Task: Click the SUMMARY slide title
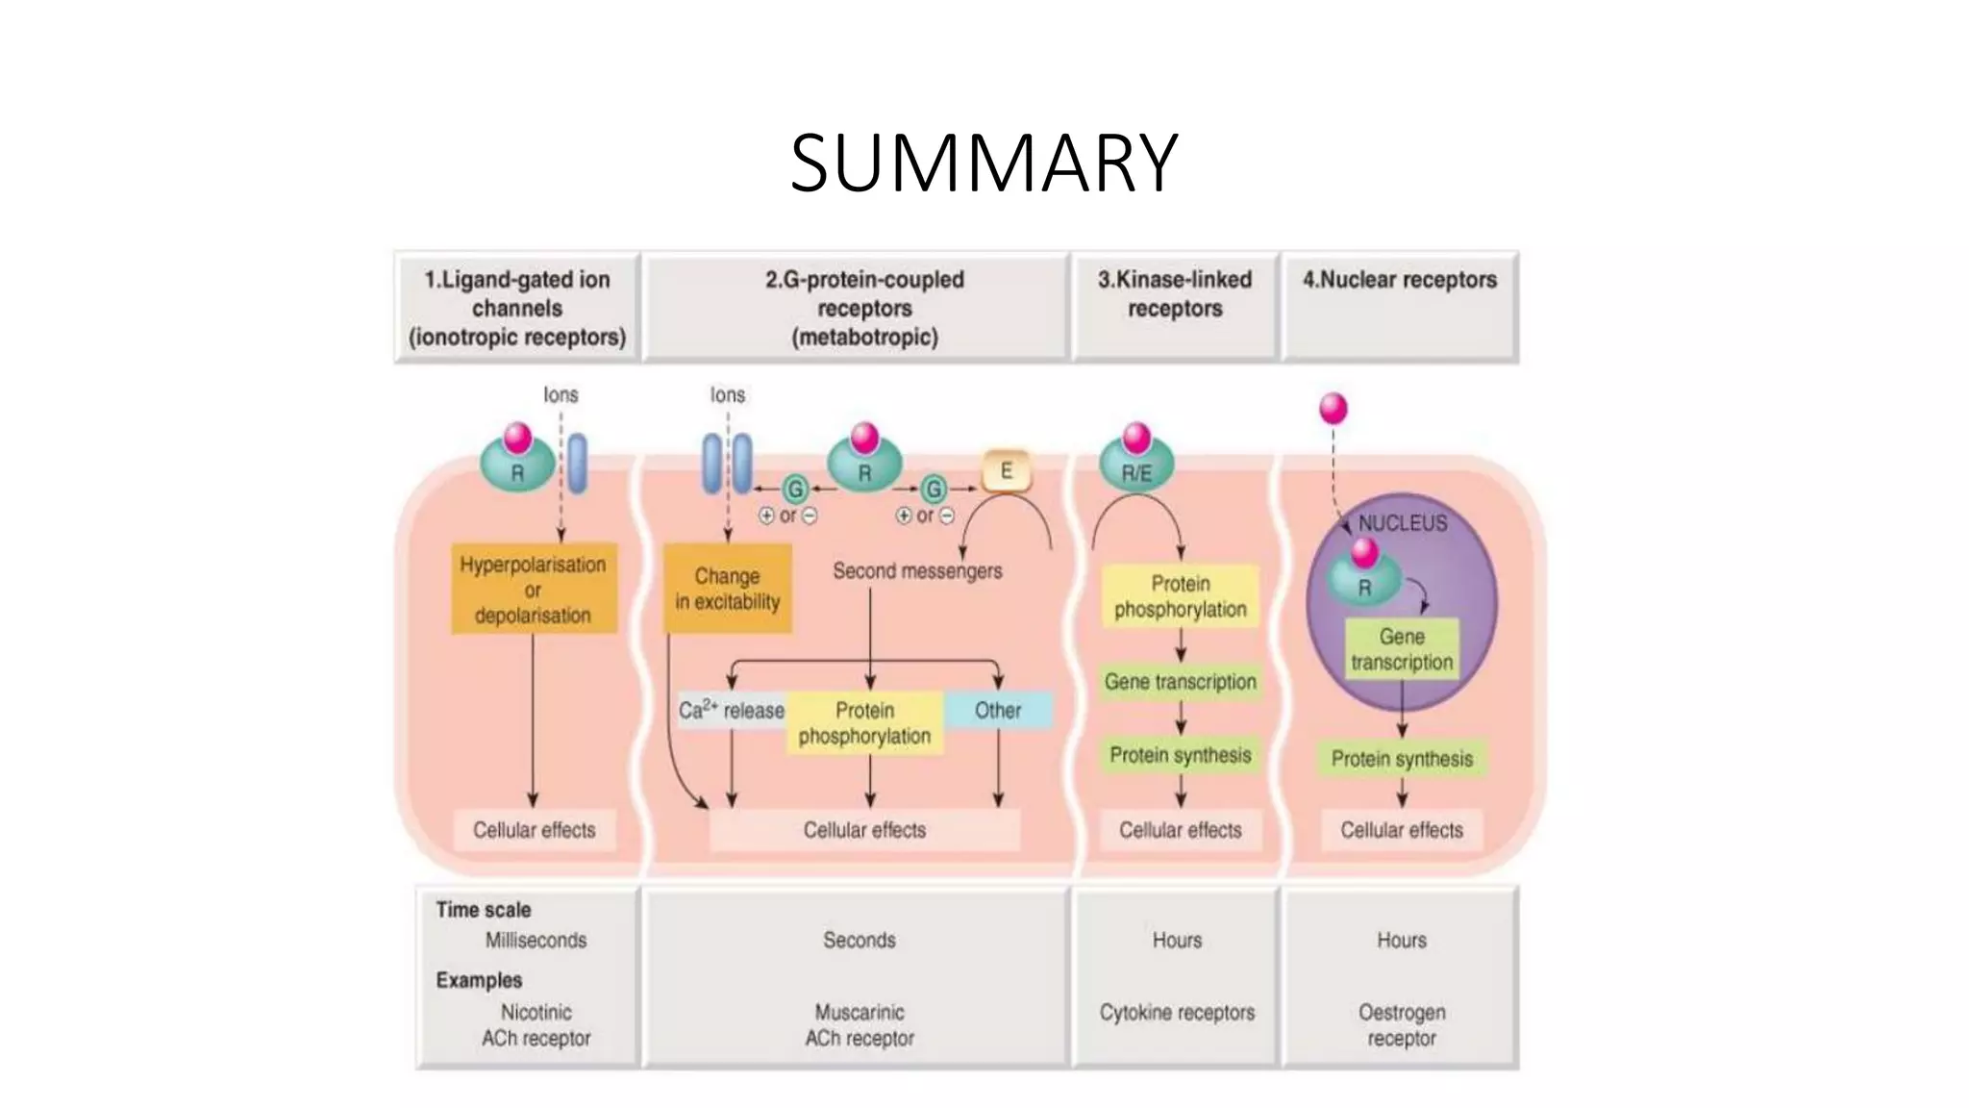[x=984, y=163]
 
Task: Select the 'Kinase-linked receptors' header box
[x=1175, y=306]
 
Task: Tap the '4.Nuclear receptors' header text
[x=1399, y=280]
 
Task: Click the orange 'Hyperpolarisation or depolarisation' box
[x=533, y=590]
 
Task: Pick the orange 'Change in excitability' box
[x=728, y=589]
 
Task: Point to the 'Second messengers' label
[x=917, y=571]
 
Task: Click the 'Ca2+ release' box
[x=732, y=711]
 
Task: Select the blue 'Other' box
[x=998, y=711]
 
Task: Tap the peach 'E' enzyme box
[x=1006, y=471]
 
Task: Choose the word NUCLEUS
[x=1402, y=523]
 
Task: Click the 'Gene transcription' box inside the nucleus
[x=1402, y=649]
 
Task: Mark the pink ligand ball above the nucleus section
[x=1333, y=409]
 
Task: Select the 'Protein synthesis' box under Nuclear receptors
[x=1402, y=759]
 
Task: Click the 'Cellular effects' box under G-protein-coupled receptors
[x=864, y=830]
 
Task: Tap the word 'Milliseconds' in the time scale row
[x=536, y=941]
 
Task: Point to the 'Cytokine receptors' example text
[x=1177, y=1013]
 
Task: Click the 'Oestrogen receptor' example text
[x=1401, y=1025]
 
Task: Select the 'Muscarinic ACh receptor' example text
[x=860, y=1025]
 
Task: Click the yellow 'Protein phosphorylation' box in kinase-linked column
[x=1180, y=596]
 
